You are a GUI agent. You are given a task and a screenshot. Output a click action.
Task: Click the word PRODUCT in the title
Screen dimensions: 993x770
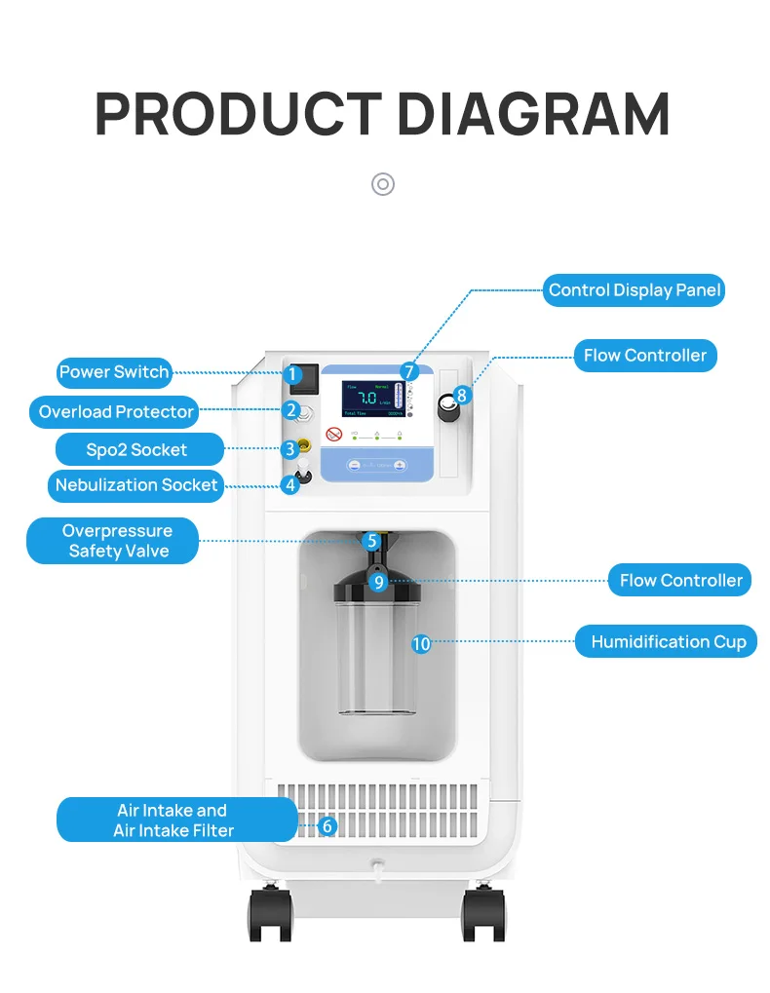(238, 114)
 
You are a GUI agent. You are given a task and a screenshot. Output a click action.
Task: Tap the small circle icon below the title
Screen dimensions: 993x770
(383, 184)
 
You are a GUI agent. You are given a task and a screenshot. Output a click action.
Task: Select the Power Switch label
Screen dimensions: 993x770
(114, 372)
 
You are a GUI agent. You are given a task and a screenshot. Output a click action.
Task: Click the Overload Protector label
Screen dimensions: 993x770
(116, 412)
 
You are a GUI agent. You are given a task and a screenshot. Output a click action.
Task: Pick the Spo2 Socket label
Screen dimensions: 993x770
(136, 450)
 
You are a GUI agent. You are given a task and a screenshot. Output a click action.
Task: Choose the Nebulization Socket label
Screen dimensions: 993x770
(136, 485)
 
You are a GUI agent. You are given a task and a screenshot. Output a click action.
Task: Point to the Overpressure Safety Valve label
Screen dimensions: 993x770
(112, 541)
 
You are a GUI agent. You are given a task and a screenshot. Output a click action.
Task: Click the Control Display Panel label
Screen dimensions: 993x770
(634, 290)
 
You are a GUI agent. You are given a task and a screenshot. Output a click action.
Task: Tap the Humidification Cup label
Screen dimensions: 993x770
(668, 642)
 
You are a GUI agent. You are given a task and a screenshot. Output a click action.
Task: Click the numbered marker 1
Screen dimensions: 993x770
(290, 374)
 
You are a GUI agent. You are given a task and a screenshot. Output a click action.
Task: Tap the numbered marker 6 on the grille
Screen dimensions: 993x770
(327, 826)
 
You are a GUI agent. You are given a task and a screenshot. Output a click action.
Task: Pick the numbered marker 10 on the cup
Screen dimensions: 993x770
(421, 643)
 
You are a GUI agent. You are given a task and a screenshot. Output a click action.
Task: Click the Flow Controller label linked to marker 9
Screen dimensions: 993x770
(680, 581)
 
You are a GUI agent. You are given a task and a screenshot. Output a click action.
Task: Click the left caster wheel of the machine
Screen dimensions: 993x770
(270, 914)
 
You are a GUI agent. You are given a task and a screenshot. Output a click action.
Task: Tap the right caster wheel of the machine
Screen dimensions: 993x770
(483, 914)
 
